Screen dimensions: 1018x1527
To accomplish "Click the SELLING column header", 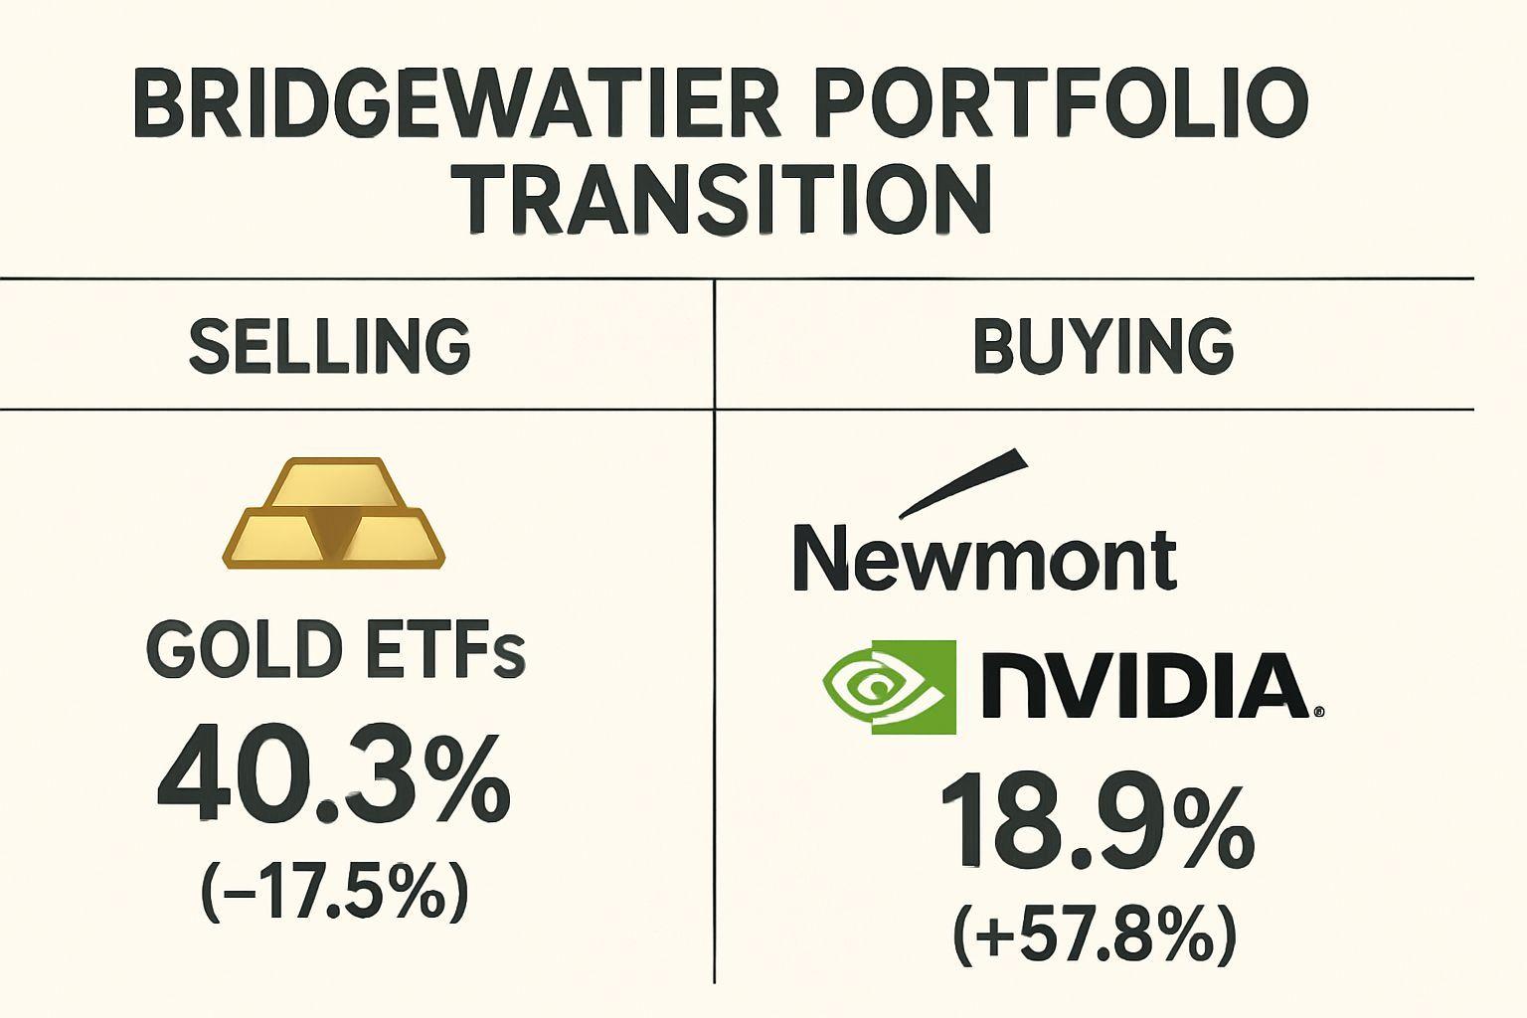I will click(x=329, y=346).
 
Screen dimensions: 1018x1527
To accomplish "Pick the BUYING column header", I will click(x=1103, y=346).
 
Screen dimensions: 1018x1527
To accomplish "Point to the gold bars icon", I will click(x=332, y=514).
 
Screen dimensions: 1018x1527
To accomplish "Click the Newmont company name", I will click(x=984, y=559).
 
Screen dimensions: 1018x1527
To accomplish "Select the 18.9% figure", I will click(x=1094, y=825).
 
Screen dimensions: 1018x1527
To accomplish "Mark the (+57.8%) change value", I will click(x=1095, y=934).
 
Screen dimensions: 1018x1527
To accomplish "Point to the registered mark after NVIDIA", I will click(x=1318, y=712).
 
